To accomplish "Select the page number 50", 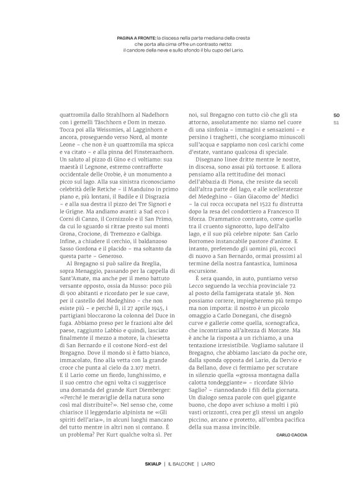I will [x=336, y=115].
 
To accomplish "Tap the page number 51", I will [x=336, y=122].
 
